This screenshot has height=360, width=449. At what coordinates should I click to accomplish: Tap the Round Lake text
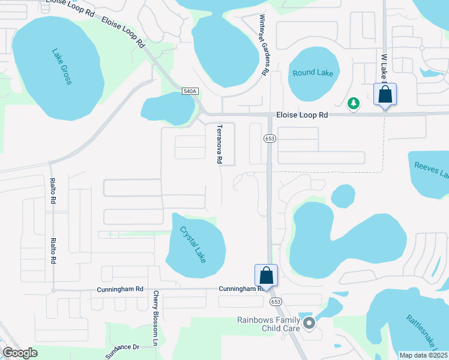[313, 73]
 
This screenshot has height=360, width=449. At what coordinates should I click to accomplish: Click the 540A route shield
[190, 91]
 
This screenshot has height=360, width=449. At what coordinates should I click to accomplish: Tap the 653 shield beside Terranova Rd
[270, 139]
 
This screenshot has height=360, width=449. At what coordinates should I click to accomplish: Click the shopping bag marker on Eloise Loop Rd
[385, 95]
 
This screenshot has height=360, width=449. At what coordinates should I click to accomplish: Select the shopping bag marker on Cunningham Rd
[267, 276]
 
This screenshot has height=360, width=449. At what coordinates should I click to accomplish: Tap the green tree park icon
[354, 104]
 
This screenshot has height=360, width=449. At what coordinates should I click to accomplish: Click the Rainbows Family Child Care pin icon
[309, 323]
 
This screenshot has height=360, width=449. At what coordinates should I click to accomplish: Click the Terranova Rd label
[220, 144]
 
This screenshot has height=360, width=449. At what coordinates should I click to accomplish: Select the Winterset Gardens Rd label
[263, 44]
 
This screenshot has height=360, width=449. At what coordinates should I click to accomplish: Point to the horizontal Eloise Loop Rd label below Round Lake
[302, 115]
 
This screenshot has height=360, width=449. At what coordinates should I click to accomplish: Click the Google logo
[20, 353]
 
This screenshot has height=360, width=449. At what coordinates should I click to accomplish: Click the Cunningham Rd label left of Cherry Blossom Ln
[120, 289]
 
